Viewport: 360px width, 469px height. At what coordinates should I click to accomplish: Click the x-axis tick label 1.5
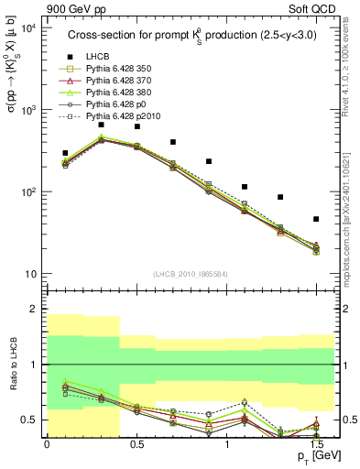pos(316,443)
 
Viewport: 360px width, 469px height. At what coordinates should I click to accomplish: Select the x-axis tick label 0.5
pos(136,443)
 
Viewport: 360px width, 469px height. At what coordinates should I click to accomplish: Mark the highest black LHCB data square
pos(101,124)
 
